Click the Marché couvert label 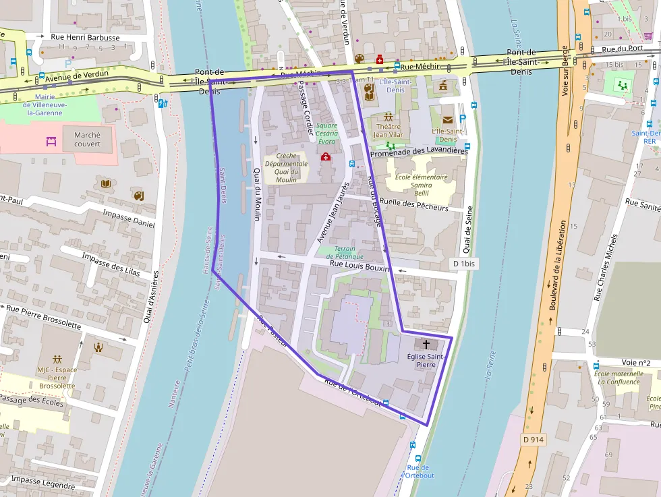(x=87, y=139)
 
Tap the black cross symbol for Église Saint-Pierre (x=426, y=344)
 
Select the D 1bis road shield (x=464, y=263)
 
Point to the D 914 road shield (x=533, y=439)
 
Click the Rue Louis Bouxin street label (x=360, y=268)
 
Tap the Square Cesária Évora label (x=326, y=133)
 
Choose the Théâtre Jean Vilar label (x=388, y=130)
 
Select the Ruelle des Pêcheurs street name (x=413, y=204)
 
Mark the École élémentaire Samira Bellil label (x=421, y=185)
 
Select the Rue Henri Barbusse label (x=86, y=38)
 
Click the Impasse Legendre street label (x=42, y=482)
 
